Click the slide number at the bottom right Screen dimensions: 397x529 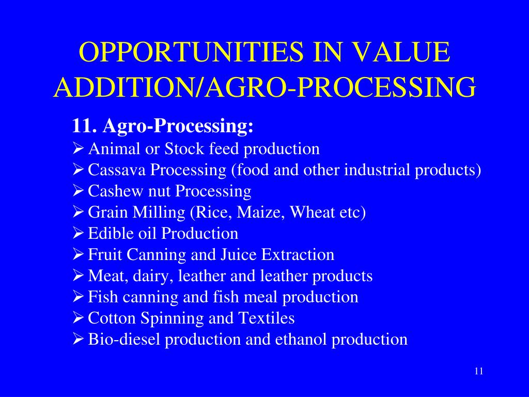click(478, 372)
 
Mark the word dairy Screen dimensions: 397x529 click(152, 276)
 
